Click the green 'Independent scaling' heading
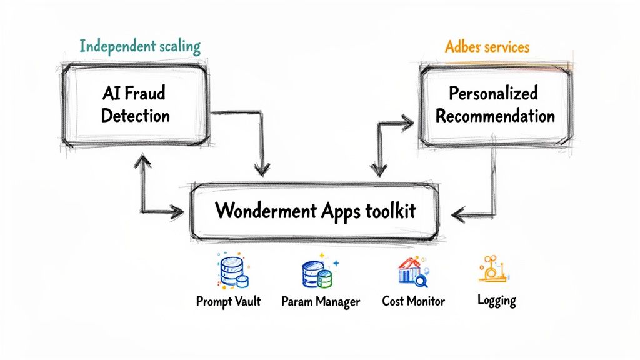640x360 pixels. [140, 46]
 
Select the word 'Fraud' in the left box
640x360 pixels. [147, 94]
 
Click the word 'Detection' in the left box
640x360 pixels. [135, 116]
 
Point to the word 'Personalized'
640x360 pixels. [494, 94]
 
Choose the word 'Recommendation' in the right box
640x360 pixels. [495, 116]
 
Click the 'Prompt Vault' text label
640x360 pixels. [228, 301]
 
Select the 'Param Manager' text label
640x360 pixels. [321, 302]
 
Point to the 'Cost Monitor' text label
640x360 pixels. [413, 301]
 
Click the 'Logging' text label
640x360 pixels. [497, 301]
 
